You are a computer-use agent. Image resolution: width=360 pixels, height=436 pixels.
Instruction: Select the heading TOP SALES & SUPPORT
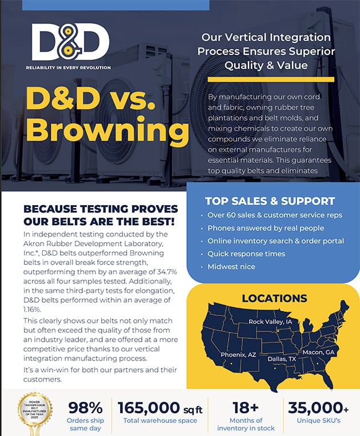click(x=270, y=201)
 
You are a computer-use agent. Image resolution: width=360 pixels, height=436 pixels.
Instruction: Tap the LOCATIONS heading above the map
click(x=274, y=298)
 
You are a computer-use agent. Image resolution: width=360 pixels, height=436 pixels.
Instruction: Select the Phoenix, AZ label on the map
click(x=239, y=354)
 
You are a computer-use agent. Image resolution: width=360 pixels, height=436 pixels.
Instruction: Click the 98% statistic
click(x=85, y=407)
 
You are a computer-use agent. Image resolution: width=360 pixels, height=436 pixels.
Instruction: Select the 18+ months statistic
click(x=246, y=407)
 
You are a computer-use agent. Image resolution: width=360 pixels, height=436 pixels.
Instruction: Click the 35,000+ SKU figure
click(x=318, y=407)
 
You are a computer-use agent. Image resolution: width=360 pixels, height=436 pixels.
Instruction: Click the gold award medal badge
click(x=35, y=411)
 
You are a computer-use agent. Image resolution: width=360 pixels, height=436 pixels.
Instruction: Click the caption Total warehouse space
click(x=160, y=421)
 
